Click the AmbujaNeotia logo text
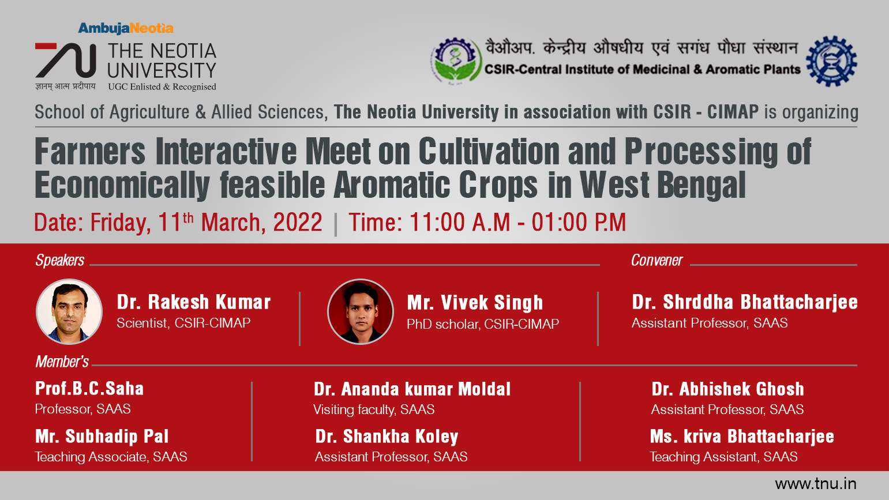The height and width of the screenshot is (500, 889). [126, 29]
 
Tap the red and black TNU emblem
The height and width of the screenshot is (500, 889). [66, 60]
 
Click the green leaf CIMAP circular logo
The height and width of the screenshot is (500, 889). [456, 61]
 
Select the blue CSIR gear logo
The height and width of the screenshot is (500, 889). [831, 61]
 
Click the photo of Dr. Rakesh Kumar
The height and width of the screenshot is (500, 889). [69, 311]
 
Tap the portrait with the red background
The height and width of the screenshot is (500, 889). [361, 311]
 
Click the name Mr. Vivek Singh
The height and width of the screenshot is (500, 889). [475, 303]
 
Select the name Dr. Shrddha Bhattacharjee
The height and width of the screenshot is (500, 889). [745, 302]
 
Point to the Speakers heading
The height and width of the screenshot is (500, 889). [60, 260]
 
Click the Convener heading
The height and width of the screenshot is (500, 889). [657, 260]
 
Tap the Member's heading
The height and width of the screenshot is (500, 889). [62, 362]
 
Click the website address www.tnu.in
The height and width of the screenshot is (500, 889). [816, 484]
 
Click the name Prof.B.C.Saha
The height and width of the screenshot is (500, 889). [89, 389]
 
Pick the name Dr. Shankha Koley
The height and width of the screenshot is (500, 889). [387, 437]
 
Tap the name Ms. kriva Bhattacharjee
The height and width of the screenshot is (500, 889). [742, 437]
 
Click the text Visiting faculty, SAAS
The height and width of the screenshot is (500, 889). [374, 409]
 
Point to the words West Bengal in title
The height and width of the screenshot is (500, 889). [662, 185]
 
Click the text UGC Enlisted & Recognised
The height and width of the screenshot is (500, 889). [162, 87]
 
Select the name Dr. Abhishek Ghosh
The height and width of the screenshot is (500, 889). [727, 389]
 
